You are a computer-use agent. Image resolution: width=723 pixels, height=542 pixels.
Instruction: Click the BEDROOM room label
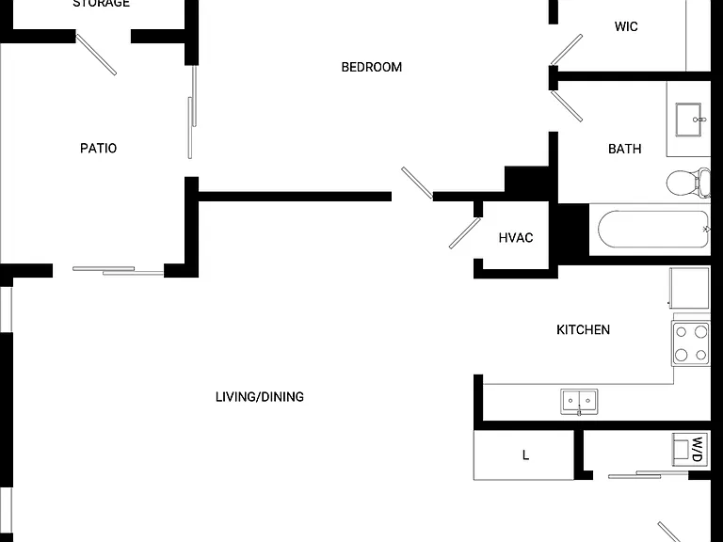click(372, 68)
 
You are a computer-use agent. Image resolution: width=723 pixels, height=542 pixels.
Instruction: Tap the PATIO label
click(98, 149)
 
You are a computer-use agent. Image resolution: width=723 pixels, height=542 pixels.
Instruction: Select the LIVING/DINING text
click(260, 397)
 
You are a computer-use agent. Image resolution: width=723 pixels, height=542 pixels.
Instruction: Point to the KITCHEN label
click(584, 329)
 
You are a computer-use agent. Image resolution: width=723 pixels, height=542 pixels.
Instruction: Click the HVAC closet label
click(516, 238)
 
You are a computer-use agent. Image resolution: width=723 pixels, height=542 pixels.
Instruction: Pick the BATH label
click(625, 149)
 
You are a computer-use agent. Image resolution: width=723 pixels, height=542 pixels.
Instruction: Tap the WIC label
click(626, 26)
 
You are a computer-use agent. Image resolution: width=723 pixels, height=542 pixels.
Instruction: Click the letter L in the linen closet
click(525, 455)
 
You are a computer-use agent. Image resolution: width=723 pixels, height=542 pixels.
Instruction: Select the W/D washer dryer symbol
click(690, 449)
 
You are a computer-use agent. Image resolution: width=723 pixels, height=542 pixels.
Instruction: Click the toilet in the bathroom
click(688, 183)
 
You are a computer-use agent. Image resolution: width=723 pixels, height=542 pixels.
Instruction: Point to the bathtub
click(654, 229)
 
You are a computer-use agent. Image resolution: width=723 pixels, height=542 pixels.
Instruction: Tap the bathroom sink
click(689, 120)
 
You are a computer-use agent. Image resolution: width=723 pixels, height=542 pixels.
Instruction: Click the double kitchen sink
click(579, 402)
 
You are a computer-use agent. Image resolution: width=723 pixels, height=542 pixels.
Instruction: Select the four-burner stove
click(691, 343)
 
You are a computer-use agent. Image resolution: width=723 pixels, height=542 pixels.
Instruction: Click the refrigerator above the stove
click(689, 288)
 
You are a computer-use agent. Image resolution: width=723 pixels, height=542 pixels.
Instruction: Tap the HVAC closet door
click(465, 233)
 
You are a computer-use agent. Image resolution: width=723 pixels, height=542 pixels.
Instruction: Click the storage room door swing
click(96, 55)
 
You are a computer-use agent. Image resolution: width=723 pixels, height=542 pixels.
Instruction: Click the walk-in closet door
click(566, 50)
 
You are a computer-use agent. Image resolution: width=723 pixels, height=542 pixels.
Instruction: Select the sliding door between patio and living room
click(118, 271)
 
